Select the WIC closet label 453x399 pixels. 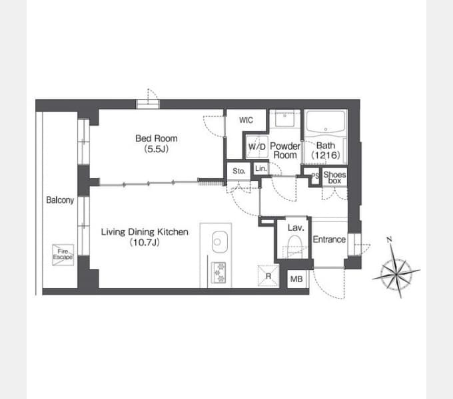click(x=246, y=120)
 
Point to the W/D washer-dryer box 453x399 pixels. click(x=257, y=146)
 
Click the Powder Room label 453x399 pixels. click(x=285, y=150)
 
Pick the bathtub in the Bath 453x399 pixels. click(x=326, y=123)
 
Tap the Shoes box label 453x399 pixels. click(x=334, y=178)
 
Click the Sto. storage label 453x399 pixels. click(x=239, y=171)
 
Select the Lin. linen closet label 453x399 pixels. click(x=261, y=169)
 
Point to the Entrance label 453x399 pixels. click(x=329, y=239)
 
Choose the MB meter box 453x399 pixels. click(x=296, y=279)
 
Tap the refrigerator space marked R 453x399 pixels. click(x=268, y=276)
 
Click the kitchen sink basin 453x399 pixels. click(x=220, y=242)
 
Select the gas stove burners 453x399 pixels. click(x=219, y=272)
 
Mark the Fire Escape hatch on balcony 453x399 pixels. click(x=63, y=255)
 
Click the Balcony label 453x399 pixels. click(x=60, y=200)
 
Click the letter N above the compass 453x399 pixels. click(x=389, y=239)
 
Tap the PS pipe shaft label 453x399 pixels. click(x=315, y=176)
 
